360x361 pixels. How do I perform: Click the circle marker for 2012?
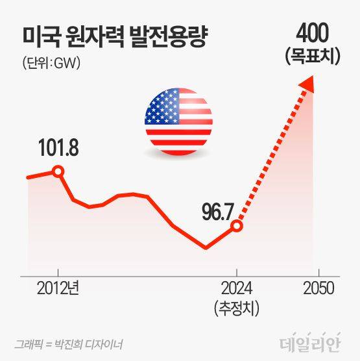[x=58, y=172]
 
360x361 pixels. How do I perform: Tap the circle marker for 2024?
[x=237, y=226]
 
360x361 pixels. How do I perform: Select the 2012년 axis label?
[x=58, y=287]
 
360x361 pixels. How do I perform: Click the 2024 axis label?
[x=237, y=287]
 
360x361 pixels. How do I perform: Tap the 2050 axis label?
[x=318, y=287]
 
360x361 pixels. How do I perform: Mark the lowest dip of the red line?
[x=206, y=247]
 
